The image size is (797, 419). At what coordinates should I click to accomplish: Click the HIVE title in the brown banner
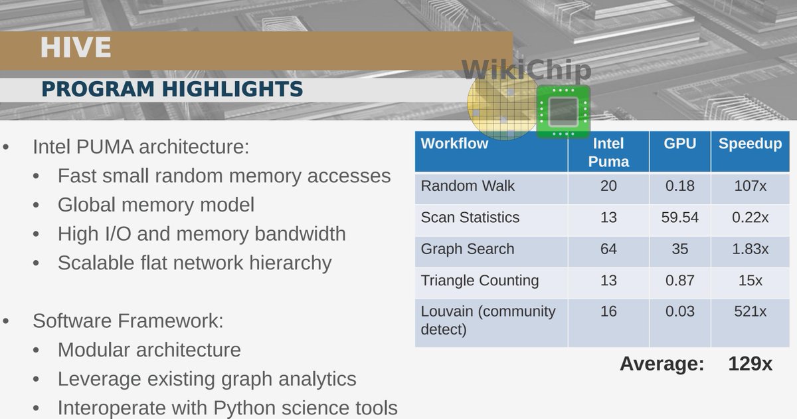click(x=75, y=49)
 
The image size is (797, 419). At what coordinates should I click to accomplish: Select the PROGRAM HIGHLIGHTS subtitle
click(x=172, y=89)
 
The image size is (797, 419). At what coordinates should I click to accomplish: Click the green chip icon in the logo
click(x=563, y=112)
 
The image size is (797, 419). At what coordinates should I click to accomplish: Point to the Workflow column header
click(x=454, y=144)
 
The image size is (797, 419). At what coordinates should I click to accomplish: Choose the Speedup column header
click(x=750, y=144)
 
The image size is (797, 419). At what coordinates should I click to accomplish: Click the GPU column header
click(x=679, y=144)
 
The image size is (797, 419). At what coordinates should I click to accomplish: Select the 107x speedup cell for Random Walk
click(x=750, y=186)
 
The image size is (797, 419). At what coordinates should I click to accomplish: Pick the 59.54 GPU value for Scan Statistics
click(x=679, y=217)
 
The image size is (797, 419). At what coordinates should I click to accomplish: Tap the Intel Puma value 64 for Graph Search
click(x=608, y=249)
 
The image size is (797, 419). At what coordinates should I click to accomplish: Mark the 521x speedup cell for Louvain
click(x=750, y=311)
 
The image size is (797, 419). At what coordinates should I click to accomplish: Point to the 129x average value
click(x=750, y=364)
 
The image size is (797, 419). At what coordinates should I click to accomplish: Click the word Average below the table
click(x=661, y=364)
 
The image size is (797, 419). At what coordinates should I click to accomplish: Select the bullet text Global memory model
click(x=156, y=204)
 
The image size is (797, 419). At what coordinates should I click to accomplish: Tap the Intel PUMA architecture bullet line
click(x=141, y=146)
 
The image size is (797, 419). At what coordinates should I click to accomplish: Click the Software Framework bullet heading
click(x=128, y=321)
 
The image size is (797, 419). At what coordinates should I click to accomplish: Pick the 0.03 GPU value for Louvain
click(x=679, y=311)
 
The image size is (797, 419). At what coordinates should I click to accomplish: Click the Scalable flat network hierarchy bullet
click(x=195, y=263)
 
